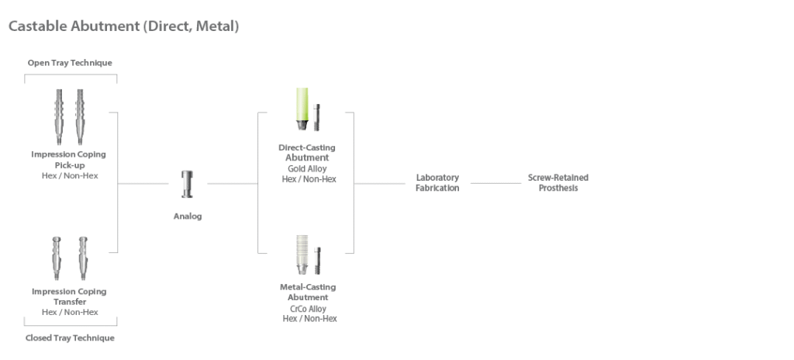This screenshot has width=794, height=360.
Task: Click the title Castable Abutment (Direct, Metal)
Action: [123, 26]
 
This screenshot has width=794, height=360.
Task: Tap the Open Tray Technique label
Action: [70, 63]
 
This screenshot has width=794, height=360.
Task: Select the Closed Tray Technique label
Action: [70, 338]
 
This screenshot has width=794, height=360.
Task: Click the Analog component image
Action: [187, 184]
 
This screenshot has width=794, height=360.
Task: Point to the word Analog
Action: [187, 216]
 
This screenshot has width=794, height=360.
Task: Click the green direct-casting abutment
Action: [301, 109]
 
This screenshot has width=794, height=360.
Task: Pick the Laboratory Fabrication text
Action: [437, 182]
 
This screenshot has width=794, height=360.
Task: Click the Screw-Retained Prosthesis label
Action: [558, 182]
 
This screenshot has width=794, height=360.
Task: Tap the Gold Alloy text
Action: [307, 168]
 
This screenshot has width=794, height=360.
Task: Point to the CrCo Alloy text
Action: [307, 309]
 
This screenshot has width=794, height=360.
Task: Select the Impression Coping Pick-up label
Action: [70, 159]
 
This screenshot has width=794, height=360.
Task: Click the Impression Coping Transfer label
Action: [70, 296]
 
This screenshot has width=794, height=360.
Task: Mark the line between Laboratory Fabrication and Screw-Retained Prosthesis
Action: [496, 183]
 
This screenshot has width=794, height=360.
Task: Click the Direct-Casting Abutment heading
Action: [307, 152]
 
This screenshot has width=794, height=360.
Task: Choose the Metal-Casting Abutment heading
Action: [307, 292]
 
